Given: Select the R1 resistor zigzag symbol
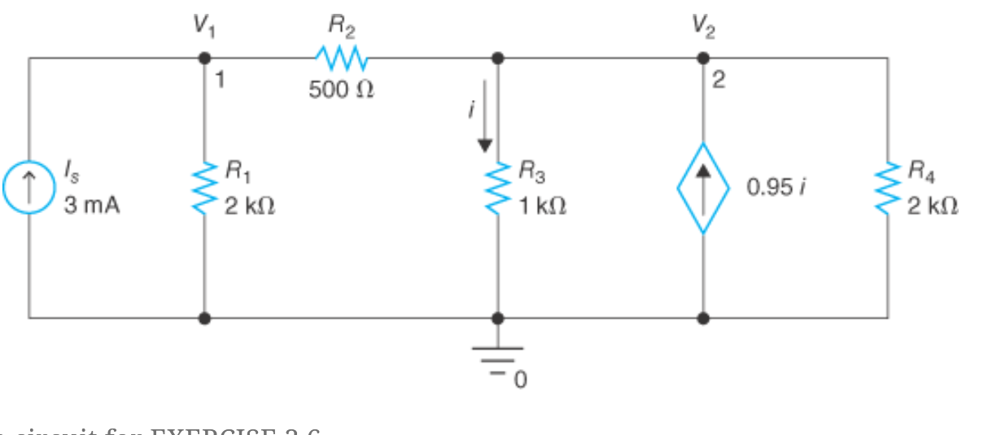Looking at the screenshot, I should [x=204, y=188].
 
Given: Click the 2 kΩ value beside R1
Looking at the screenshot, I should [x=250, y=207].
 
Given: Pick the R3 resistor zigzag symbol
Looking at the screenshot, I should [x=497, y=187].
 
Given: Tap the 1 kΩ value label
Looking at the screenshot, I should [x=543, y=207].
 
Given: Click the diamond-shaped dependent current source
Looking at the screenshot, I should [x=703, y=188].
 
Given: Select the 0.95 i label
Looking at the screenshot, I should [x=777, y=188].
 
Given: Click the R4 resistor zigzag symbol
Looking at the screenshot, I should [x=888, y=188].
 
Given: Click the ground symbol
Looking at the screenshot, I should [x=497, y=355].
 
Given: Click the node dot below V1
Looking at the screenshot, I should [x=204, y=59].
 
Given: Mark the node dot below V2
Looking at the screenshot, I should [x=703, y=59].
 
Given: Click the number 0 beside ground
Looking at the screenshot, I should [x=520, y=379].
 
